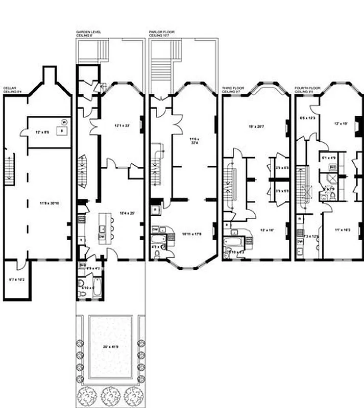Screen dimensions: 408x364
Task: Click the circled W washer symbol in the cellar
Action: point(64,121)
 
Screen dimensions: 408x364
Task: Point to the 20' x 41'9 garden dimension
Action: point(110,347)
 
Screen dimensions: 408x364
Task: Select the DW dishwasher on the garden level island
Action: point(102,237)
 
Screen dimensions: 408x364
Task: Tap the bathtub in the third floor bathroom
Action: point(235,242)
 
